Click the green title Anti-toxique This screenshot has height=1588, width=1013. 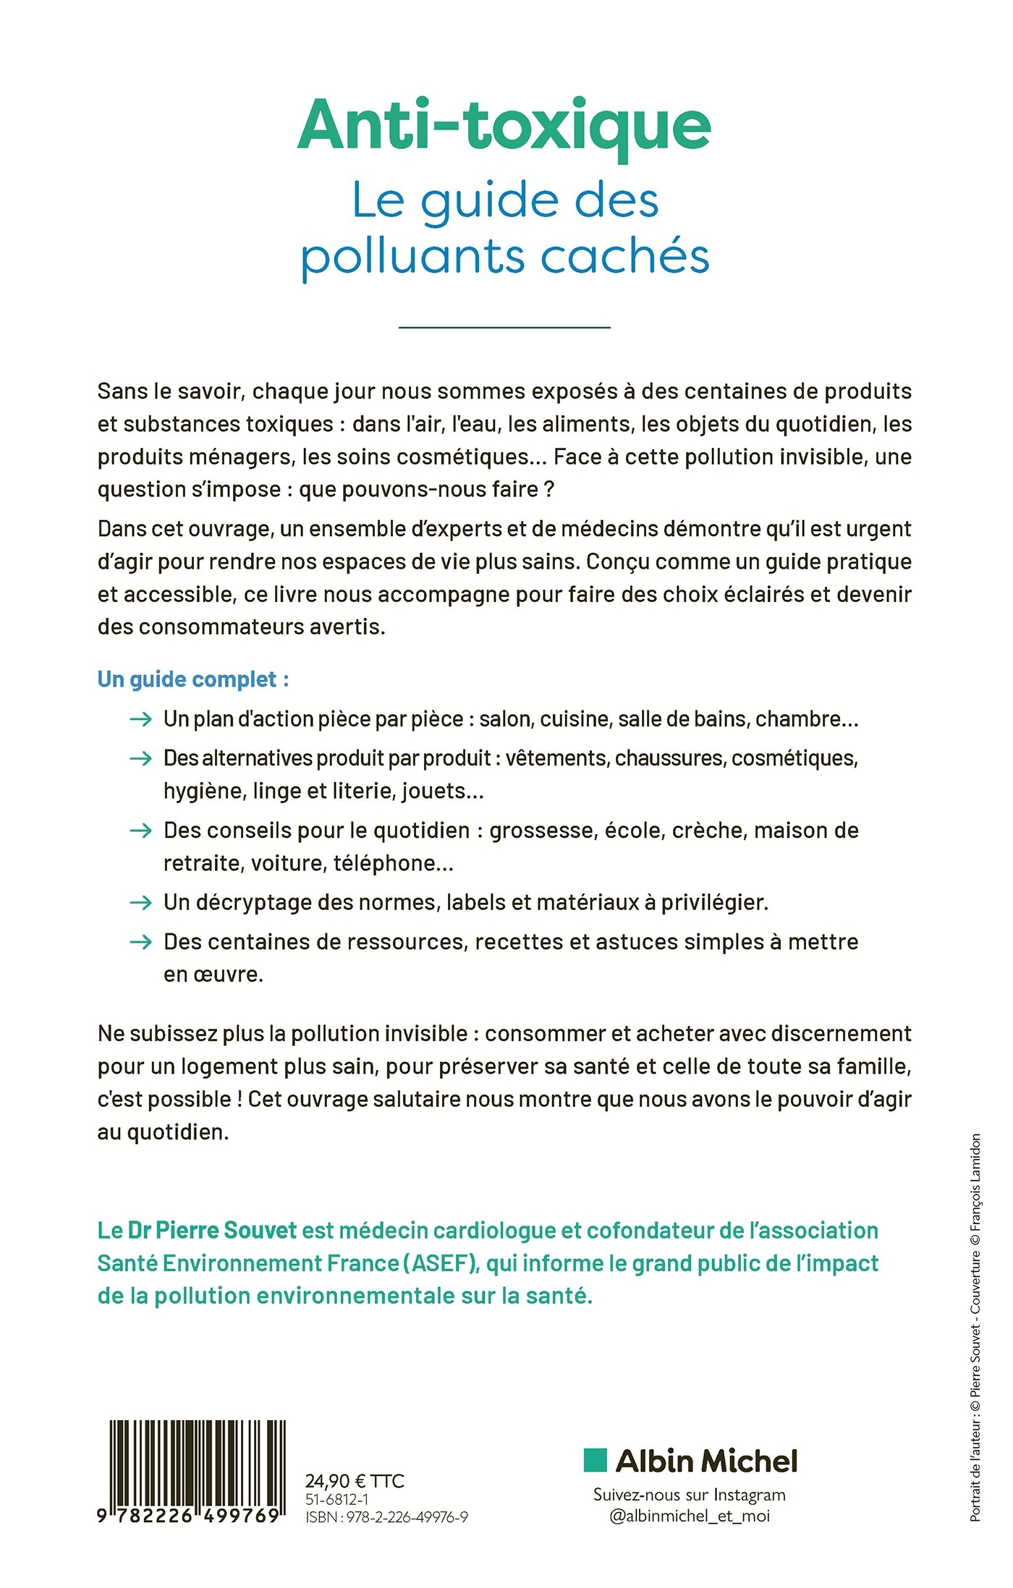[x=504, y=127]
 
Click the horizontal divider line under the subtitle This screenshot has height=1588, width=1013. [x=504, y=328]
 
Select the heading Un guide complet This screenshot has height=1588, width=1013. [x=192, y=679]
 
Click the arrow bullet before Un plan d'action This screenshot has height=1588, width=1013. [x=140, y=719]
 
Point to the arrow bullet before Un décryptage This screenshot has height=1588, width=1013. [x=140, y=902]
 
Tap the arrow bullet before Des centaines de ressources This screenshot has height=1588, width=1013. [x=140, y=941]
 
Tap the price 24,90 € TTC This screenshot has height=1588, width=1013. [x=355, y=1480]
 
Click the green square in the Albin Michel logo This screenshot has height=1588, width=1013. [x=595, y=1460]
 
